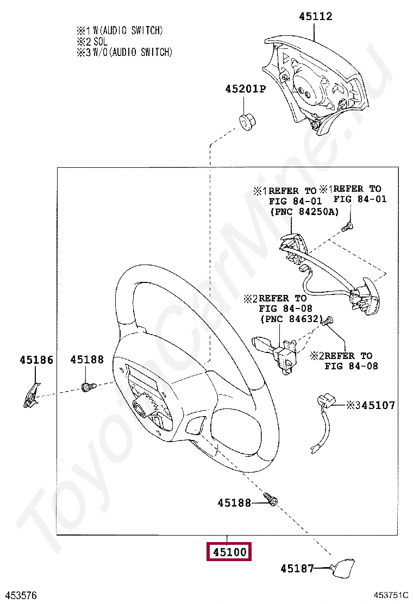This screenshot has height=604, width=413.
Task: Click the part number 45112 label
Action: coord(316,16)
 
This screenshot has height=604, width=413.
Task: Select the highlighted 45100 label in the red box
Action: coord(229,552)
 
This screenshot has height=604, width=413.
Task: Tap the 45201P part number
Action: coord(246,89)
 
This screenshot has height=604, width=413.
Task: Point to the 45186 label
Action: coord(36,360)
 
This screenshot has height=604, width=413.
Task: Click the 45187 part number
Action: coord(297,568)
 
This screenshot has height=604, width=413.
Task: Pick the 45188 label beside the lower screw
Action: coord(234,502)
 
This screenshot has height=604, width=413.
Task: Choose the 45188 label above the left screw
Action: coord(87,360)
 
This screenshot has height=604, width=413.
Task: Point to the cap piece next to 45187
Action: coord(342,567)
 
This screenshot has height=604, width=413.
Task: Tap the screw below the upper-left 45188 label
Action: coord(89,386)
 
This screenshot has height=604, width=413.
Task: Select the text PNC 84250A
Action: coord(304,211)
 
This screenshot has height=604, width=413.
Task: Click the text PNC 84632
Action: coord(292,319)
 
